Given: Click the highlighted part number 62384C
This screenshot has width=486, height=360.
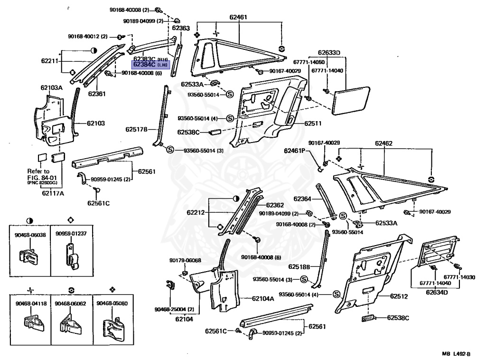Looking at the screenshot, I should tap(144, 64).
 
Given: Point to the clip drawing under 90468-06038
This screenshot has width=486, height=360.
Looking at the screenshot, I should tap(29, 256).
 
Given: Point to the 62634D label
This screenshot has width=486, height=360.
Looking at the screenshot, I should tap(437, 292).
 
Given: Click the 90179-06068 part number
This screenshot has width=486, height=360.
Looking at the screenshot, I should tap(185, 260).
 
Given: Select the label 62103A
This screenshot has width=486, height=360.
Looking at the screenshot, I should tap(51, 88).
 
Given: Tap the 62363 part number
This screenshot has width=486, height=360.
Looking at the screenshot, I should tap(181, 28).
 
